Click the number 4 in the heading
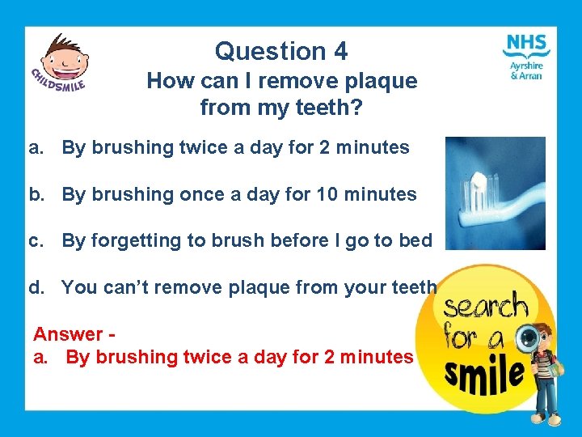coord(339,52)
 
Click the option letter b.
coord(36,195)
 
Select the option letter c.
coord(36,241)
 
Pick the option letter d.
coord(36,287)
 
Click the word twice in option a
coord(203,148)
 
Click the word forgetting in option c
coord(136,241)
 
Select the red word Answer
coord(68,334)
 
